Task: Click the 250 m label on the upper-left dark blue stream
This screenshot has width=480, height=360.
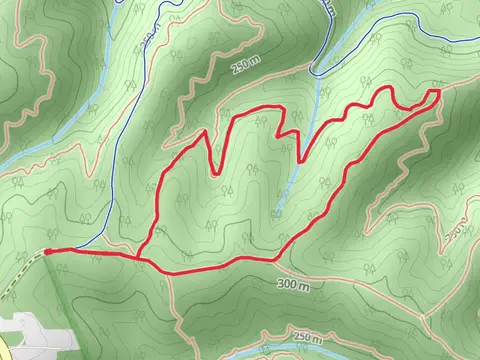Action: (x=150, y=40)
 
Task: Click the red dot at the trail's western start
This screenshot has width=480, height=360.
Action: (x=47, y=252)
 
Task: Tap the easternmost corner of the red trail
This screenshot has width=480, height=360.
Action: (x=438, y=92)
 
